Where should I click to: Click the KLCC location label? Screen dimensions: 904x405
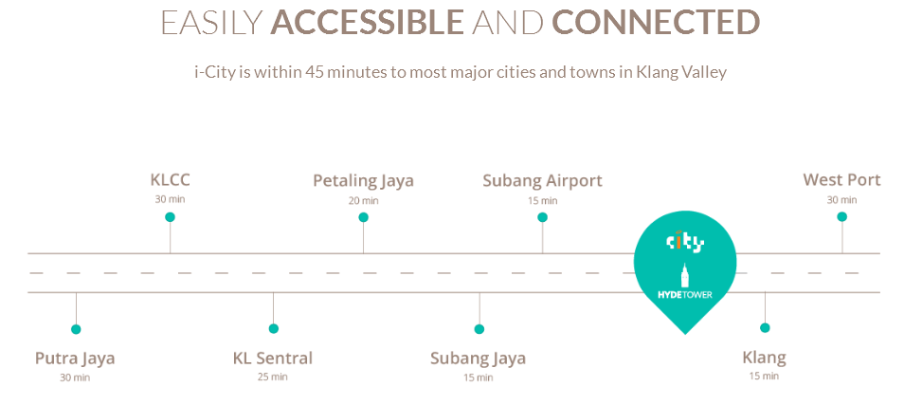coord(170,180)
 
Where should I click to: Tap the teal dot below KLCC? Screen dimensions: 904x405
coord(170,217)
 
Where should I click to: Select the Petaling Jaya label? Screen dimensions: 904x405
coord(363,181)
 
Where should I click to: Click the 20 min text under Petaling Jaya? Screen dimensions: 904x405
coord(363,201)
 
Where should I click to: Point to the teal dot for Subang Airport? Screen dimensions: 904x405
coord(542,217)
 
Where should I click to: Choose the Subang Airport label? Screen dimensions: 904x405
coord(543,181)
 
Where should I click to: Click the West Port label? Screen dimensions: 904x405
coord(841,180)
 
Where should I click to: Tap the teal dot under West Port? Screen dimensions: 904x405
coord(841,217)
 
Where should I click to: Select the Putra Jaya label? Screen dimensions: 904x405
coord(75,359)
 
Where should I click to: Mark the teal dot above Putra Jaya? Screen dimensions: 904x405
coord(76,329)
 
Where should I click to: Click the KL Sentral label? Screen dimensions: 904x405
coord(273,359)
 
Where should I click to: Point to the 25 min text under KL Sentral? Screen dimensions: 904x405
coord(273,377)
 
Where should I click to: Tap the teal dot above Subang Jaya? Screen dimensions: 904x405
coord(479,329)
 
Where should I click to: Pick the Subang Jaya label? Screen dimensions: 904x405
coord(478,359)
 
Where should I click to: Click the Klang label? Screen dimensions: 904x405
coord(764,359)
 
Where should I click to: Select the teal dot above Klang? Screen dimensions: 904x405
coord(765,327)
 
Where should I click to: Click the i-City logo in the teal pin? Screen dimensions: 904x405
coord(685,242)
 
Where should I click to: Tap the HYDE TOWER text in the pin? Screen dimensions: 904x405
coord(685,294)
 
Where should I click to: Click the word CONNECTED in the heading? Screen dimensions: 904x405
coord(656,22)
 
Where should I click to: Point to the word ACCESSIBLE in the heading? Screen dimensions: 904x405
coord(367,22)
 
